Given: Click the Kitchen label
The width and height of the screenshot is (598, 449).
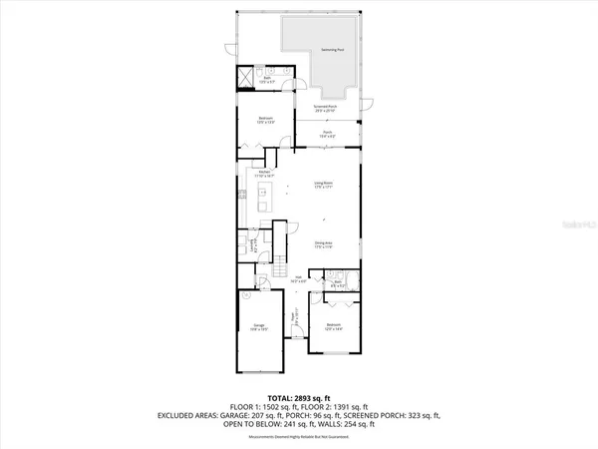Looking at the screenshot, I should coord(264,175).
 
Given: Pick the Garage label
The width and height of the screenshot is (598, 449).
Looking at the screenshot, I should coord(258,328).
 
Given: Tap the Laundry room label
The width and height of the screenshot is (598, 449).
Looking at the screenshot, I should coord(253,240).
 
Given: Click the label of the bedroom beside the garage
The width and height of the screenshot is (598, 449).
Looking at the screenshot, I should coord(335,328).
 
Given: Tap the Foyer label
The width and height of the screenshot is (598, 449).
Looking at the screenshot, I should coord(294,321).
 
